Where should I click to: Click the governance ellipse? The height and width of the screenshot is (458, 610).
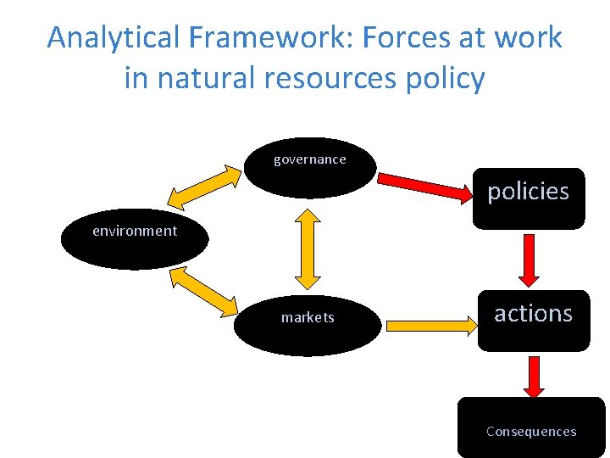pos(309,167)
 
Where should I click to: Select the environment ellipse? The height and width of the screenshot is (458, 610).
pos(135,238)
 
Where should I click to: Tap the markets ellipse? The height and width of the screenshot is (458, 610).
pos(308,323)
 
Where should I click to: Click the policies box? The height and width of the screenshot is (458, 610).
pos(529,198)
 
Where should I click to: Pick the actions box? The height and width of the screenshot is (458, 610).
pos(533,320)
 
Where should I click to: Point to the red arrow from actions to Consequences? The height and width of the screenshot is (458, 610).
pos(534,377)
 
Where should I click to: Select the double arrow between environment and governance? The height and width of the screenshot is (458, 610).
pos(204,187)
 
